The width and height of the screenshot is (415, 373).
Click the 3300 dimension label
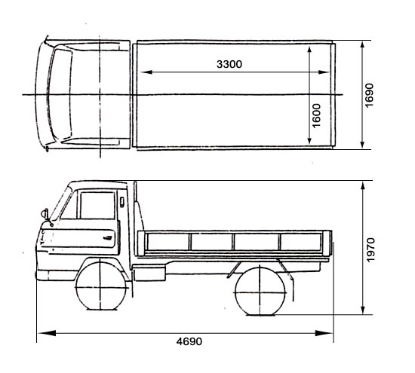coord(229,64)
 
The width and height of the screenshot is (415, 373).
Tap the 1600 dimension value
coord(316,116)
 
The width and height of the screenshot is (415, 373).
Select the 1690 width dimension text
coord(369,95)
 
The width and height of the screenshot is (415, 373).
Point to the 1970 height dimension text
coord(370,249)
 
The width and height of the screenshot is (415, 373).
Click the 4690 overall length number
coord(189,341)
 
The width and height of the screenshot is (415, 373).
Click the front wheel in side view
coord(100,286)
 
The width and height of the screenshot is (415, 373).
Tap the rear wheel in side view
coord(260,292)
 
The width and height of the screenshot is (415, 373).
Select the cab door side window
coord(97,206)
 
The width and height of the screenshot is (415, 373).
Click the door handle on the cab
coord(108,237)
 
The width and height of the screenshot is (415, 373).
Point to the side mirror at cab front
coord(45,213)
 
